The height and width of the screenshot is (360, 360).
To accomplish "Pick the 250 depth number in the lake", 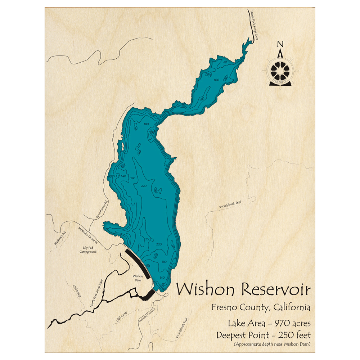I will tap(147, 239).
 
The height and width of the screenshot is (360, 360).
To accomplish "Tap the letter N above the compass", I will tap(280, 44).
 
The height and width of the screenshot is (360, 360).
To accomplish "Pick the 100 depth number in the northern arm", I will tap(216, 80).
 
